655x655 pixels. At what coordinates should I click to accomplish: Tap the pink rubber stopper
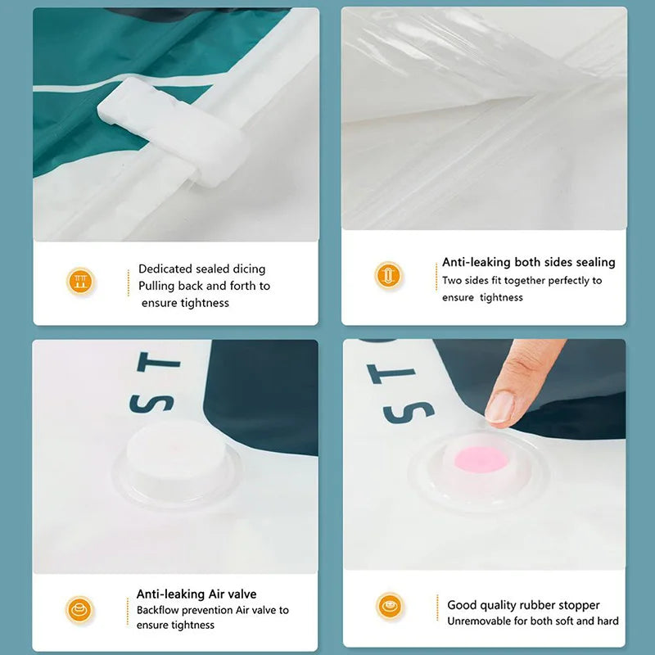coord(481,459)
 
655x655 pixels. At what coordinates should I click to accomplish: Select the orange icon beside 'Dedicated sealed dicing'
coord(80,281)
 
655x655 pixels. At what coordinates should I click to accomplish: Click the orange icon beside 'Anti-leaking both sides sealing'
coord(388,275)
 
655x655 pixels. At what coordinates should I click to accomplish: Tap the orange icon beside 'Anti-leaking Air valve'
coord(79,610)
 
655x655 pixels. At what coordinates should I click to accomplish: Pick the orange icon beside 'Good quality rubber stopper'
coord(390,606)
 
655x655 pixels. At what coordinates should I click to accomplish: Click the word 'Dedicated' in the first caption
coord(165,269)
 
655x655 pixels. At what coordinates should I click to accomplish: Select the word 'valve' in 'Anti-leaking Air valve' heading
coord(243,594)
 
